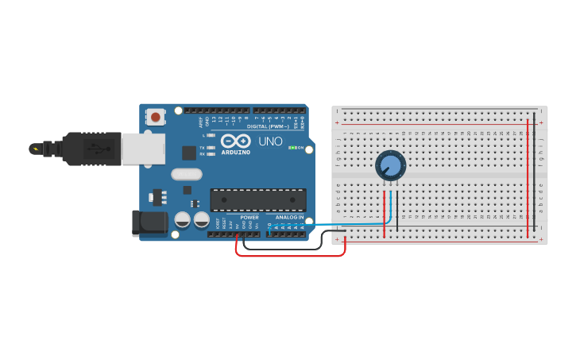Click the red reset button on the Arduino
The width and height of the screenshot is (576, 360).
pos(155,118)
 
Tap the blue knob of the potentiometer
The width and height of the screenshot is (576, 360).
pos(391,165)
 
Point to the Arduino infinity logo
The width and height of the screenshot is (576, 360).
pos(235,141)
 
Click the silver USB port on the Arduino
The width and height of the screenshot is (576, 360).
pos(143,149)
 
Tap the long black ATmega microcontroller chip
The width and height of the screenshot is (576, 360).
pos(257,199)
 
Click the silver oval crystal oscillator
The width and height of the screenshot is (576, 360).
pos(187,174)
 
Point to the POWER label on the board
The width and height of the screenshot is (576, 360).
pos(249,217)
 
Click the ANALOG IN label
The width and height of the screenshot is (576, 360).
pos(289,217)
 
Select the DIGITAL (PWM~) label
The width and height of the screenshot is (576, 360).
pos(268,126)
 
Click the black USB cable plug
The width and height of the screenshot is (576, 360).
pos(91,149)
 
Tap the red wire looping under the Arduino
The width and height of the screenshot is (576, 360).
pos(290,256)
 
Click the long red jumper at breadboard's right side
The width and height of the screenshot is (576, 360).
pos(528,175)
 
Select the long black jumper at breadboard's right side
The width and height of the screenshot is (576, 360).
pos(535,175)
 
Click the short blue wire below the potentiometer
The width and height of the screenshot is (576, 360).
pos(390,208)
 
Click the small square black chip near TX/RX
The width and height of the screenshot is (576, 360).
pos(189,153)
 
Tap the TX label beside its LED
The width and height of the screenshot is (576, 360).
pos(202,148)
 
